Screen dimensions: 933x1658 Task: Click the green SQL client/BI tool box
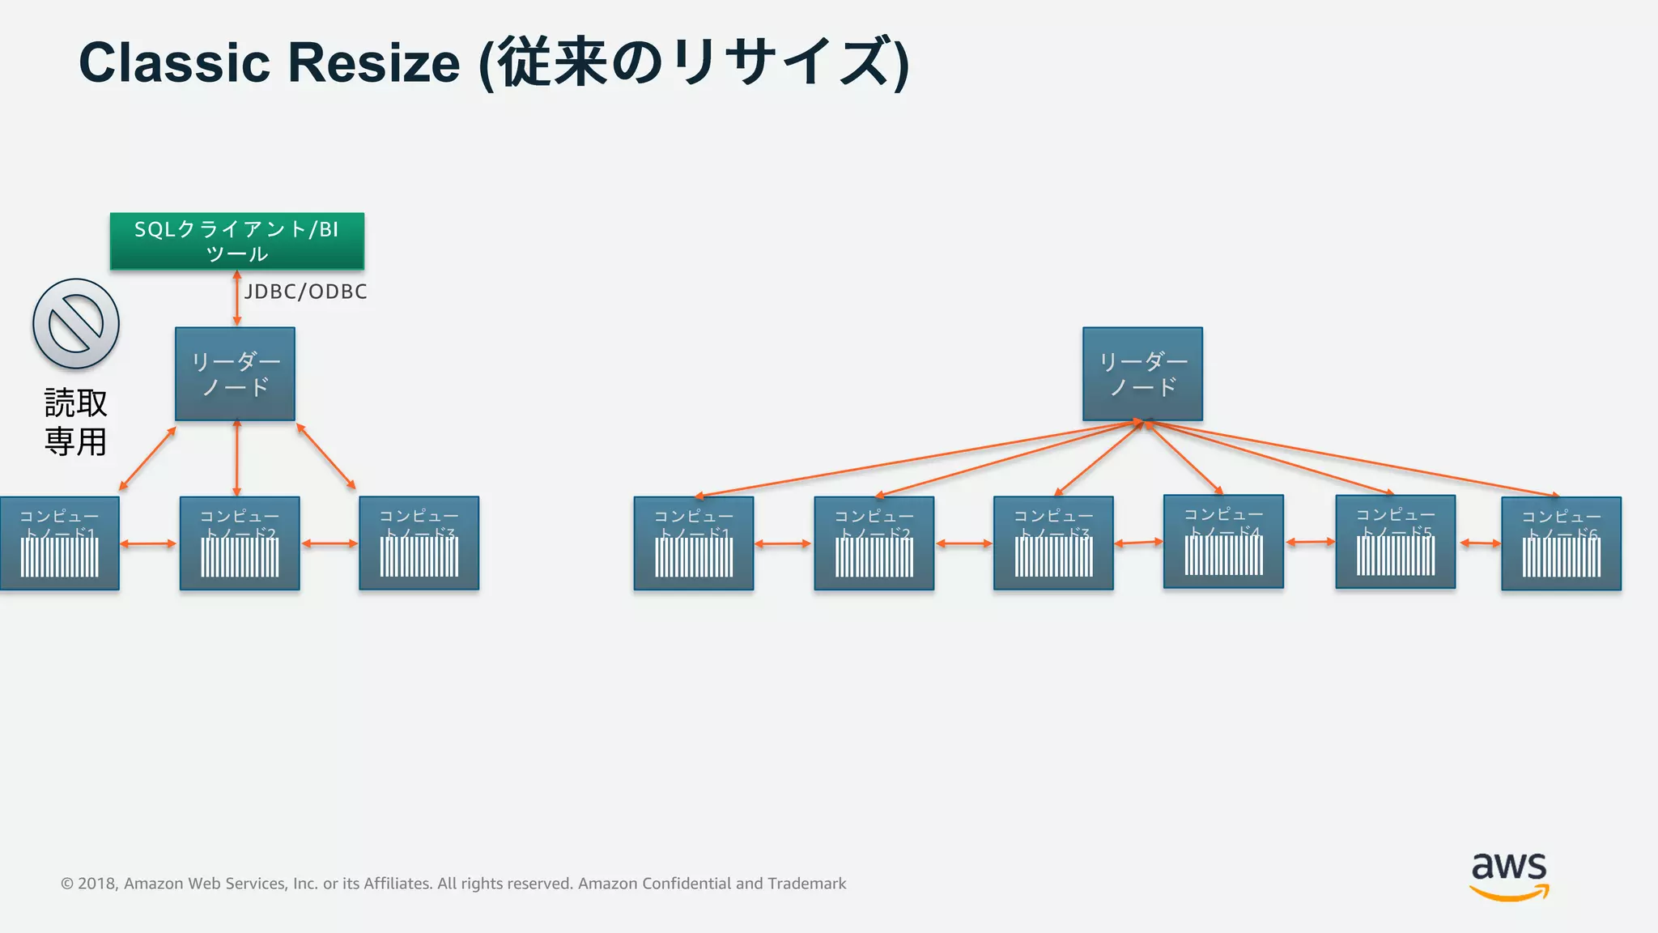pos(237,241)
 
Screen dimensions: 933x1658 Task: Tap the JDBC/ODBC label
pos(306,292)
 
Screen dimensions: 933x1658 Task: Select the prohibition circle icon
pos(76,324)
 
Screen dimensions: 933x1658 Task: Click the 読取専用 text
pos(75,422)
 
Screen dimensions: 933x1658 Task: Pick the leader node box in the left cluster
pos(235,373)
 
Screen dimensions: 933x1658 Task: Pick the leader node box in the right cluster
pos(1142,373)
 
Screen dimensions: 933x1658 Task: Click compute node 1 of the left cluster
pos(59,543)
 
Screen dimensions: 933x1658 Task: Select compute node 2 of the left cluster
pos(240,543)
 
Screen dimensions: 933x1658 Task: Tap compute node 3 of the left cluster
pos(419,543)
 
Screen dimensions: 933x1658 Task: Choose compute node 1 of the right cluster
pos(694,543)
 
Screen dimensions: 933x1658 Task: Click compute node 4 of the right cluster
pos(1223,541)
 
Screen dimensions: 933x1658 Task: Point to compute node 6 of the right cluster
pos(1561,543)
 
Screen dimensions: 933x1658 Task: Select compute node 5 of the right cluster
pos(1395,541)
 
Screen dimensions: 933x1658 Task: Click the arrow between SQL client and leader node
pos(236,298)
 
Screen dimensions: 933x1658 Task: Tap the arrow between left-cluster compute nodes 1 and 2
pos(149,543)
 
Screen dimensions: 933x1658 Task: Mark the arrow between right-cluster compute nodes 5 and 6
pos(1479,543)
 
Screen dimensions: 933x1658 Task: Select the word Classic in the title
pos(174,62)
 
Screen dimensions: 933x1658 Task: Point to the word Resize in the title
pos(374,62)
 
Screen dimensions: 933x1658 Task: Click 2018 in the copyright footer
pos(97,884)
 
